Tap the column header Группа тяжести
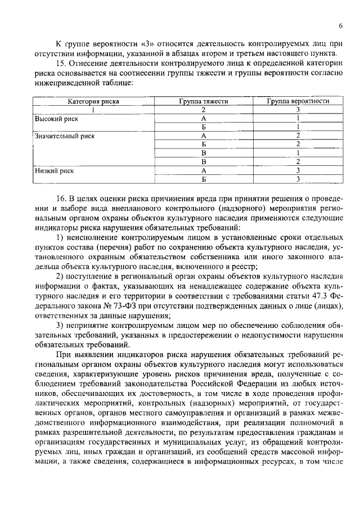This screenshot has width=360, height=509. tap(204, 101)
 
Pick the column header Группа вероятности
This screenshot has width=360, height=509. tap(298, 101)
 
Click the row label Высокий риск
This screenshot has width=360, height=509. tap(57, 119)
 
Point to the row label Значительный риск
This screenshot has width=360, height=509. tap(65, 136)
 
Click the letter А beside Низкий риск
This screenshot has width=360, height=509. tap(204, 169)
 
